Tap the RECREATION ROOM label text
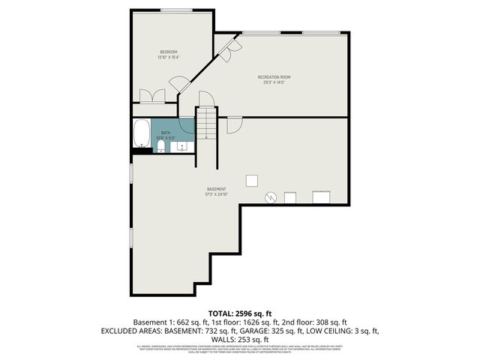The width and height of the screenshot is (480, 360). tap(274, 76)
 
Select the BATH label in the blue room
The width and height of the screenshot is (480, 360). tap(165, 132)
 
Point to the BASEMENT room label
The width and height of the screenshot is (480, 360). tap(217, 189)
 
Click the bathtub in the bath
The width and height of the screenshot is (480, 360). tap(141, 135)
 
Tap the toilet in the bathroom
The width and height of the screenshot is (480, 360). tap(160, 146)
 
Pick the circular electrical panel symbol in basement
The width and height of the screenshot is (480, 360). tap(271, 197)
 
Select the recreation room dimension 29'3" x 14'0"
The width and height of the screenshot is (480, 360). tap(274, 83)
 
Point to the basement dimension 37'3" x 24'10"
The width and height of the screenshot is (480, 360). tap(217, 195)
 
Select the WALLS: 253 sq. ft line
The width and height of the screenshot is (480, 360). tap(239, 339)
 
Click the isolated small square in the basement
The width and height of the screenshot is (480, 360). tap(253, 180)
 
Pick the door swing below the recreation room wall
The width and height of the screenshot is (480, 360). tap(234, 124)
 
